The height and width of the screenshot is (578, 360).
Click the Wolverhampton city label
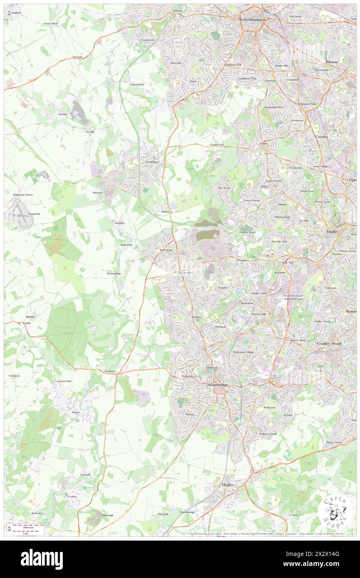[252, 19]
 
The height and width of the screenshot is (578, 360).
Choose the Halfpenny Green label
[23, 195]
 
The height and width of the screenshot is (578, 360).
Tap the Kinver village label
[76, 412]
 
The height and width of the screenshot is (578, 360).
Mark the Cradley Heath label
[328, 343]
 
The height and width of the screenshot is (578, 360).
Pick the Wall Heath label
[166, 250]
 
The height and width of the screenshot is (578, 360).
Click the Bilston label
[332, 61]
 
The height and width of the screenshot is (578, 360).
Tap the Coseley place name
[321, 136]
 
